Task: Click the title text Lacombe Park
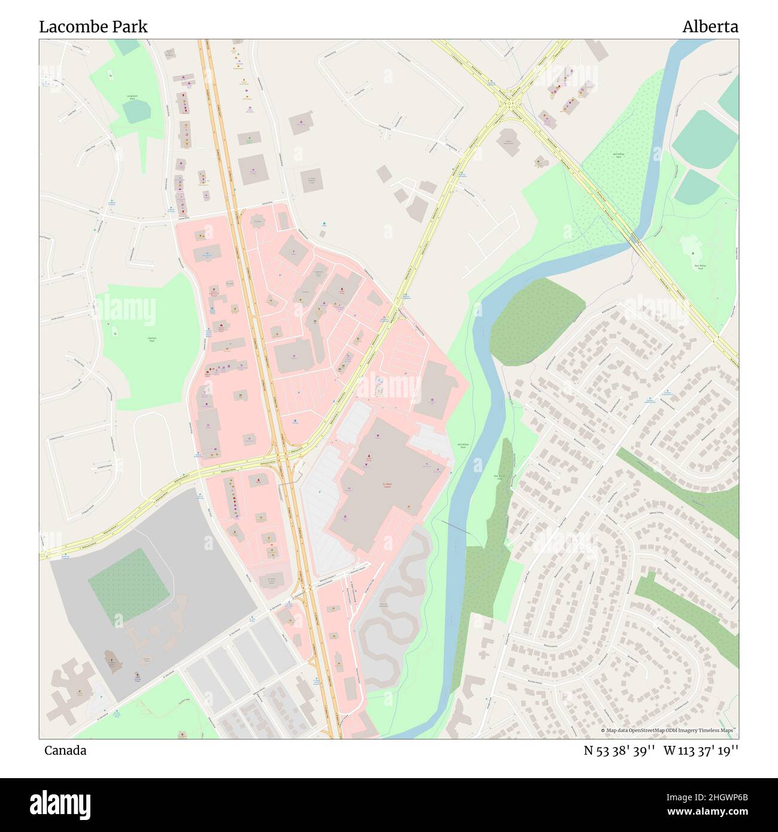point(93,27)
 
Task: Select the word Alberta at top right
point(710,27)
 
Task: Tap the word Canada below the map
point(65,751)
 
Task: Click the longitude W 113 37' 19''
point(701,751)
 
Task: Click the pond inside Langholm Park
point(137,111)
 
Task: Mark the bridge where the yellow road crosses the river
point(634,241)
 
